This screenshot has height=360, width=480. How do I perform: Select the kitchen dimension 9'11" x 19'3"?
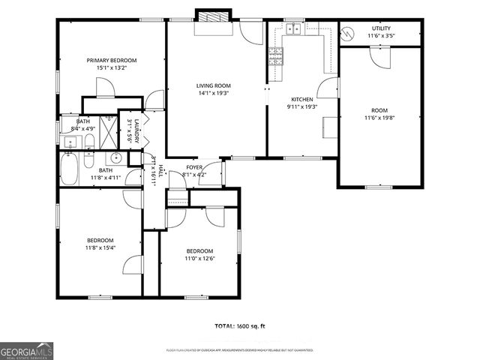click(302, 106)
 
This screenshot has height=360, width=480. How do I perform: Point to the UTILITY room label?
click(381, 28)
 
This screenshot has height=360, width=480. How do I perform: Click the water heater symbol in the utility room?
click(347, 33)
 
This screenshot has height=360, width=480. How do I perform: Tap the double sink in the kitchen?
click(293, 29)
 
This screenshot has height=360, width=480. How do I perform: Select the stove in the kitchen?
click(274, 55)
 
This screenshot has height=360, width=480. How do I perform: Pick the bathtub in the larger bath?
click(68, 169)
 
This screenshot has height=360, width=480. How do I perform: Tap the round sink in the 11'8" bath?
click(115, 158)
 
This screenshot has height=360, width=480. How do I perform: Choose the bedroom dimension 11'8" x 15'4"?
click(100, 247)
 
